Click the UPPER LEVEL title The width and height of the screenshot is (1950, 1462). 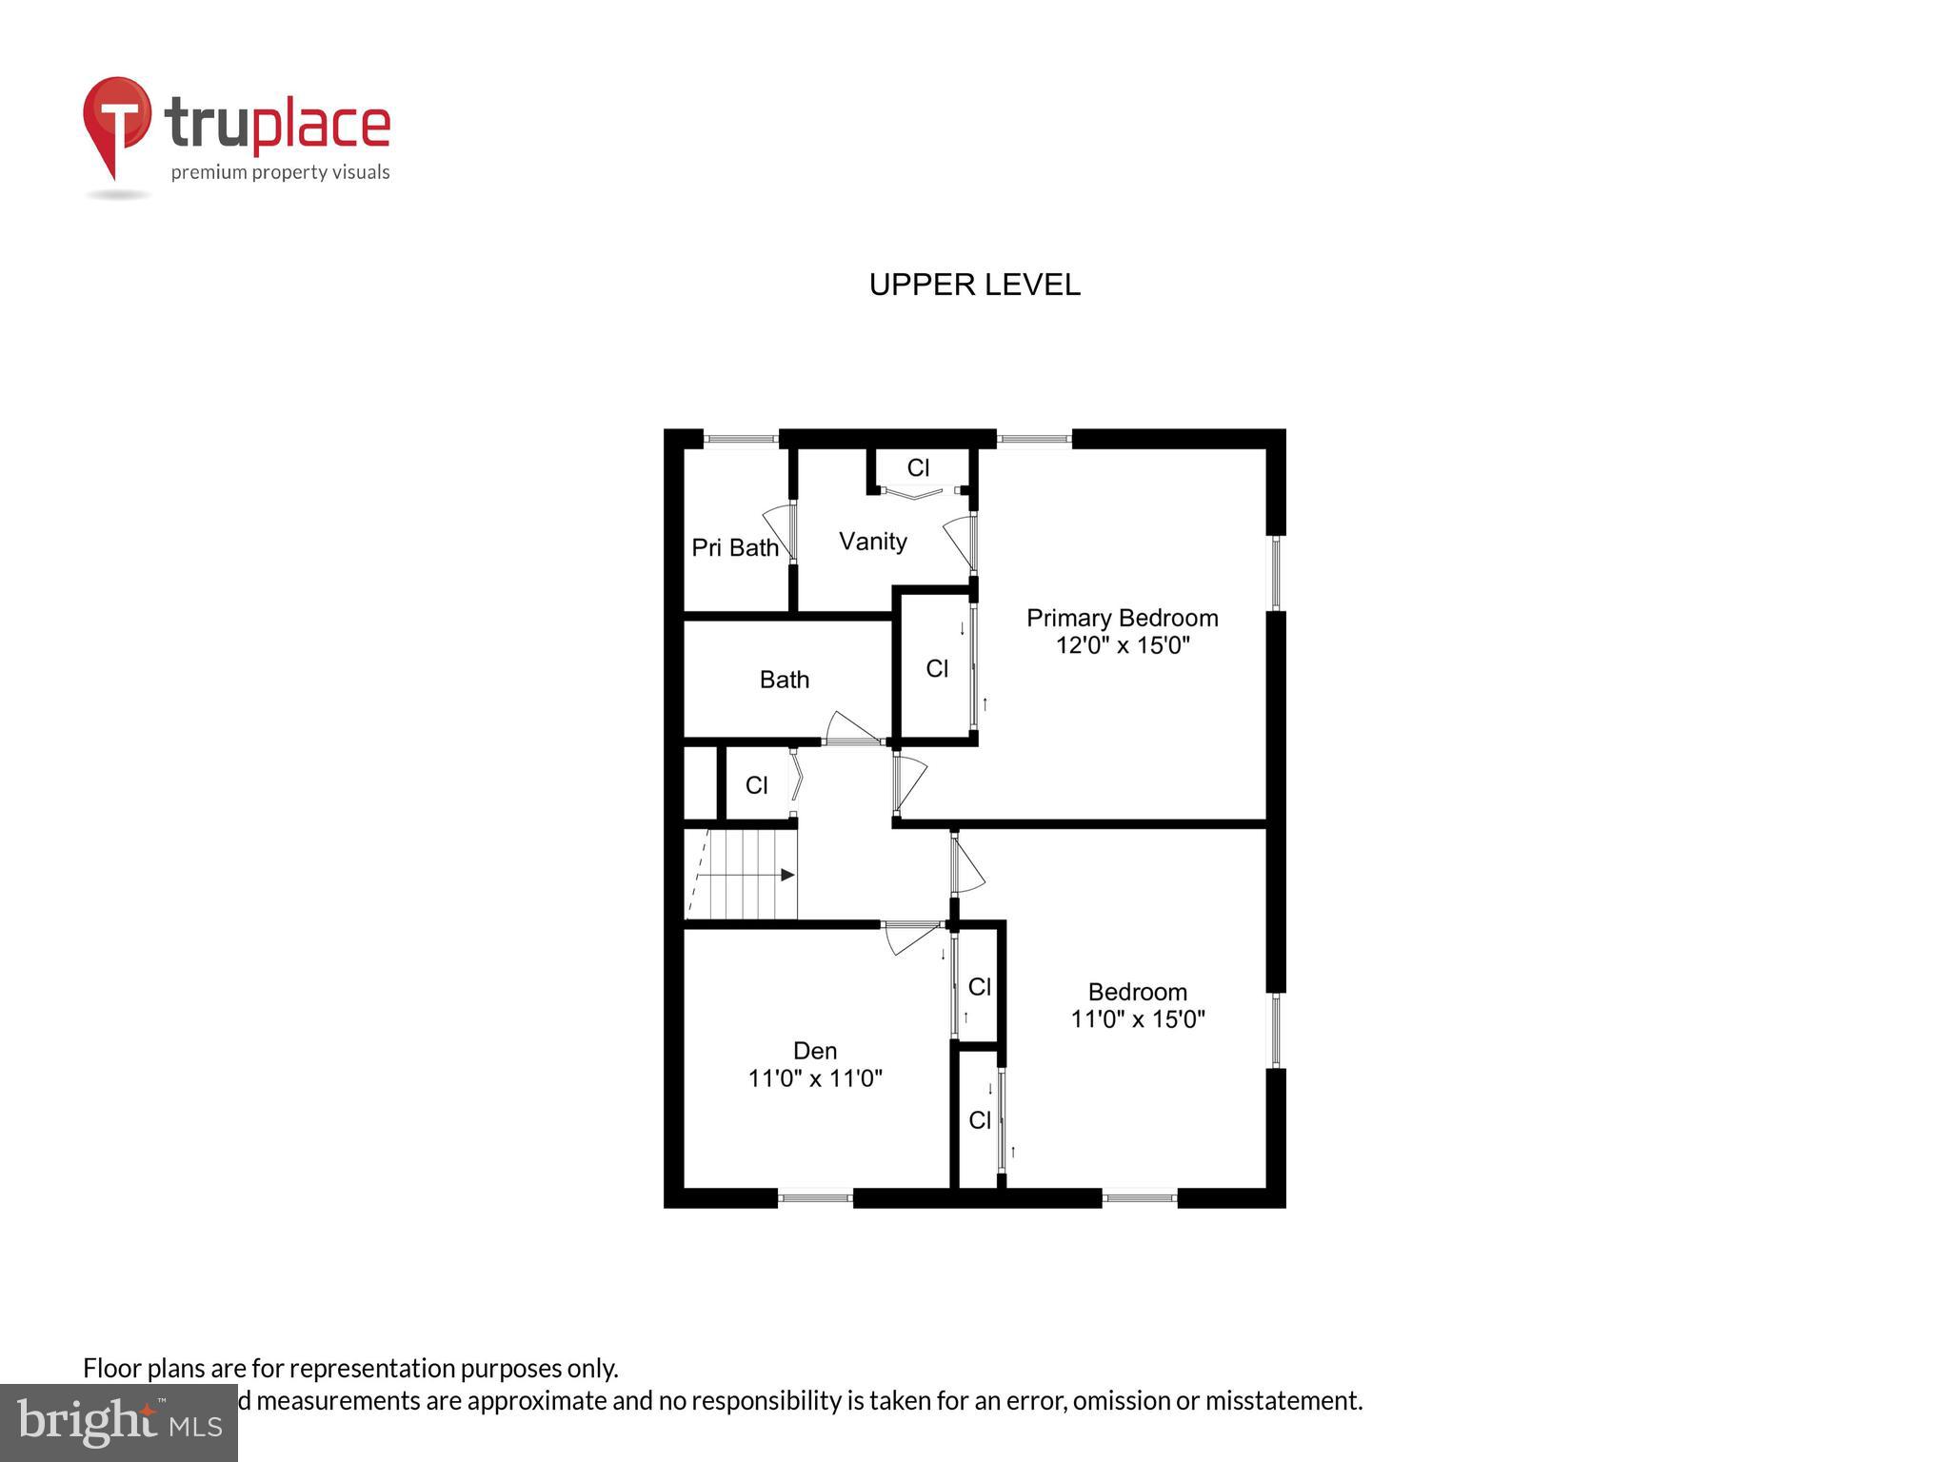(974, 285)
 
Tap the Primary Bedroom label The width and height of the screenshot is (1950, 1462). (1122, 618)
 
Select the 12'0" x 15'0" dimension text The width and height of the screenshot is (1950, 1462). (1122, 645)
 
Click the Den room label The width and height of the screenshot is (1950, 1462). (815, 1051)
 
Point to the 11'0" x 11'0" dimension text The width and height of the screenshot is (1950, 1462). (815, 1078)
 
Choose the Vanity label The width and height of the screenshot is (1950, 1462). (872, 542)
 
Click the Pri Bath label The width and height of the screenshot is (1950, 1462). (734, 547)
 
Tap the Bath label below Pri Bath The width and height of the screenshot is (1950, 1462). (784, 680)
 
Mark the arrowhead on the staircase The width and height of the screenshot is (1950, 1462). (787, 875)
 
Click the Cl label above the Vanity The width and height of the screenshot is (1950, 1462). (918, 467)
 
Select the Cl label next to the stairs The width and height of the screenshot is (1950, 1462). (756, 785)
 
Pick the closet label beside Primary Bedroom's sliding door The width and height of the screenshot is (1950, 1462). (937, 669)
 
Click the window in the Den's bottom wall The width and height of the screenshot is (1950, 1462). (815, 1198)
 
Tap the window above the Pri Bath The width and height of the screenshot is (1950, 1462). (741, 439)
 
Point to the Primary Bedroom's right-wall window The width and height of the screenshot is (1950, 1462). (1276, 573)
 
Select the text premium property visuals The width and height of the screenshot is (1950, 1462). (280, 172)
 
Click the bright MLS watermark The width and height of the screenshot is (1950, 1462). (119, 1422)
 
